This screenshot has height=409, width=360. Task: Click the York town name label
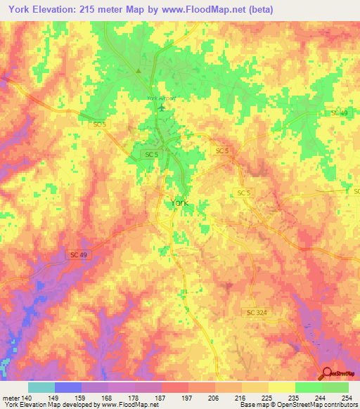179,203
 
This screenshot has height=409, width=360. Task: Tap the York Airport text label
160,98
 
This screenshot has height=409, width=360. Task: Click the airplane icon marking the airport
163,108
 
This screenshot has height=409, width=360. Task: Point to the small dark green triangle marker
139,70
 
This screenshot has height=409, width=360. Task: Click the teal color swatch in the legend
41,387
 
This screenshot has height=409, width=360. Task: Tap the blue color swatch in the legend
67,387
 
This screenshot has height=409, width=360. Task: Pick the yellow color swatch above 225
281,387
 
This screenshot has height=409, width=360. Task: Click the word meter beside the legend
10,398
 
